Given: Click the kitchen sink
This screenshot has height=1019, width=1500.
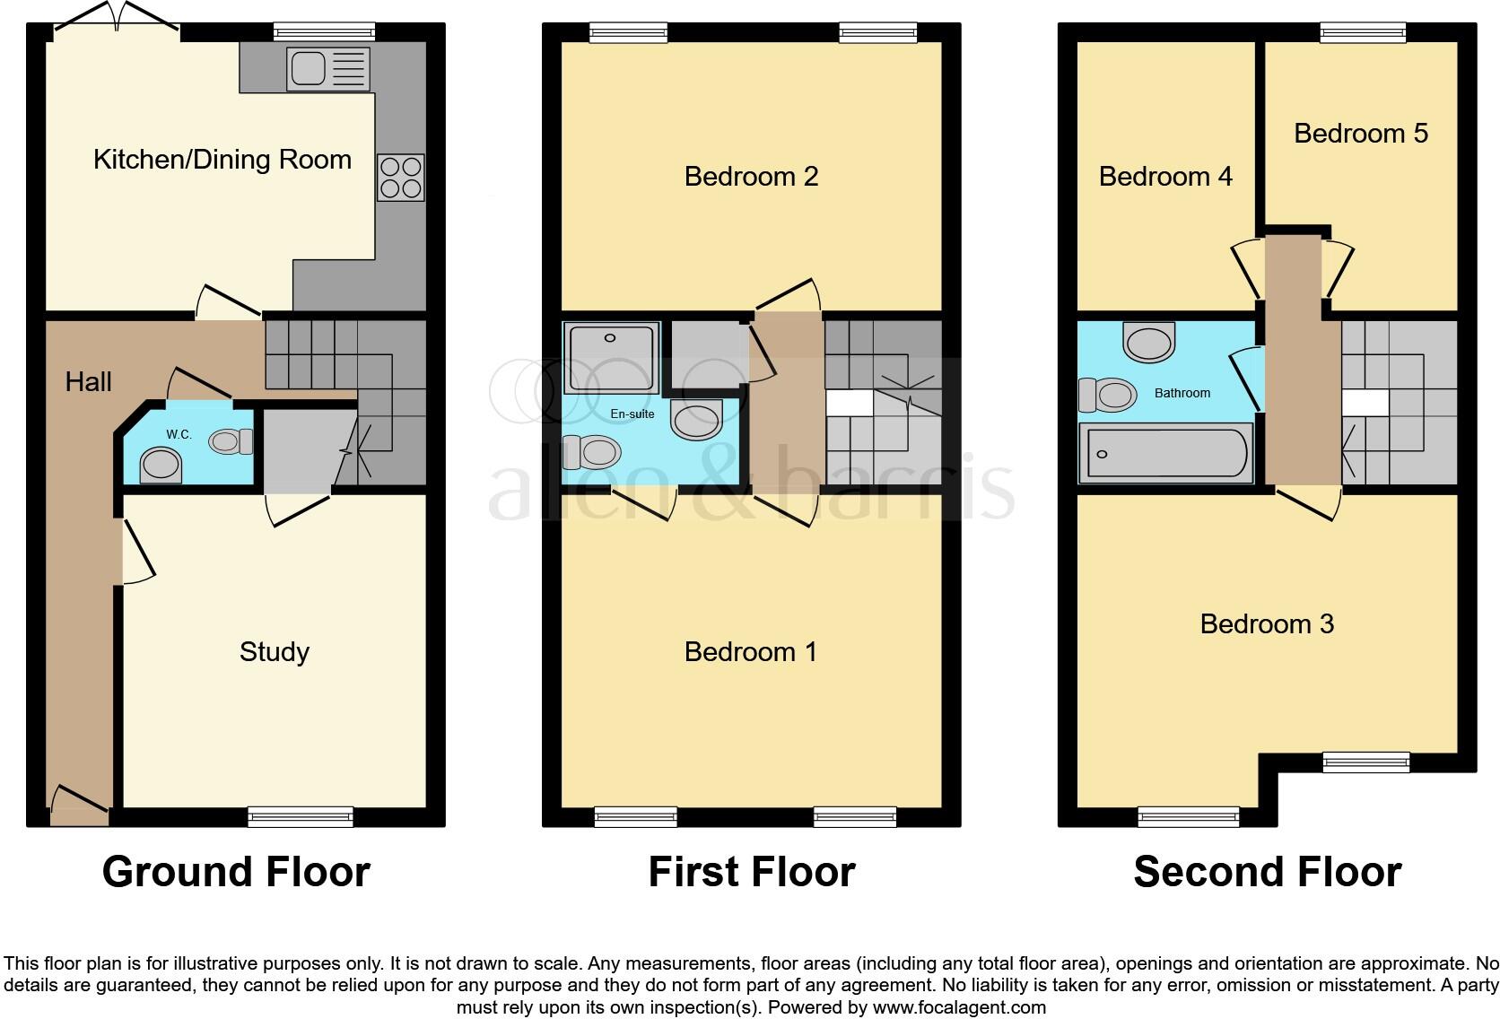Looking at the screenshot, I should click(x=327, y=68).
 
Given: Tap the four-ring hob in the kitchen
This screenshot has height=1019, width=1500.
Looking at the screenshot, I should click(x=400, y=178).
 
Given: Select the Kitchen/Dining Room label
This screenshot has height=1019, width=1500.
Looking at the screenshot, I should click(x=222, y=160).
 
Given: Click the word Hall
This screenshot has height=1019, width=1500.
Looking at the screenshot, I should click(x=88, y=382).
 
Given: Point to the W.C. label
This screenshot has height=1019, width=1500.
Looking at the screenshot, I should click(x=179, y=435).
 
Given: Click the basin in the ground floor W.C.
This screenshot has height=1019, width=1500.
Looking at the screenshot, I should click(x=161, y=465).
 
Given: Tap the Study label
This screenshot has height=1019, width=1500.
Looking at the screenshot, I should click(x=275, y=652).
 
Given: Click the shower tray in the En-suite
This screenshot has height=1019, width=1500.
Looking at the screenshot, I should click(x=610, y=357).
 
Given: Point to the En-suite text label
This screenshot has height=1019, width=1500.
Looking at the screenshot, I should click(x=632, y=414).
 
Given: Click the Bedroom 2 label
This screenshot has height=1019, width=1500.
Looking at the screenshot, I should click(x=751, y=177).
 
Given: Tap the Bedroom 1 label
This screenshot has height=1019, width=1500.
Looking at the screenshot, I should click(x=751, y=652).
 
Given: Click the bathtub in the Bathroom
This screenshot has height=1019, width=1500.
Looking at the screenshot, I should click(x=1165, y=453).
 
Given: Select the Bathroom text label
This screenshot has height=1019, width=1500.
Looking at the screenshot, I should click(x=1182, y=393).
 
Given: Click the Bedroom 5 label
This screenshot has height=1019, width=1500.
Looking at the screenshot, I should click(x=1360, y=134).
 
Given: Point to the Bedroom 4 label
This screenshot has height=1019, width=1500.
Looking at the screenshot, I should click(x=1165, y=177).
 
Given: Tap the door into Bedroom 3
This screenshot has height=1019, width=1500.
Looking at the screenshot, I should click(x=1309, y=502).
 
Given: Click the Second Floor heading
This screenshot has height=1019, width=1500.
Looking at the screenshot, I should click(x=1267, y=872).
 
